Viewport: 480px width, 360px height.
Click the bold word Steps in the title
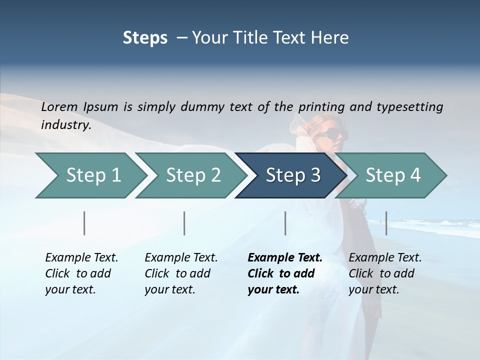tap(145, 38)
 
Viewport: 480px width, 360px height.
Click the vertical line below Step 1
tap(84, 223)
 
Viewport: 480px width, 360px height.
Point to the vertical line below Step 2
tap(184, 223)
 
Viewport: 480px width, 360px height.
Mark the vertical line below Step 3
tap(285, 223)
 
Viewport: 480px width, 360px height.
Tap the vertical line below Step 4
tap(386, 223)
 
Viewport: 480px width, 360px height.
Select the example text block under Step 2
tap(180, 273)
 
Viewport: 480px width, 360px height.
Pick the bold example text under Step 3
tap(284, 273)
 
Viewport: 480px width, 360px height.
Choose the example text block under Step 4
tap(384, 273)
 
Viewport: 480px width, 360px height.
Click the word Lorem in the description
tap(59, 107)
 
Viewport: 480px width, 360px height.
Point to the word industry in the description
tap(65, 125)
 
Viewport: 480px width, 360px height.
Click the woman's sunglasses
tap(331, 133)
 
